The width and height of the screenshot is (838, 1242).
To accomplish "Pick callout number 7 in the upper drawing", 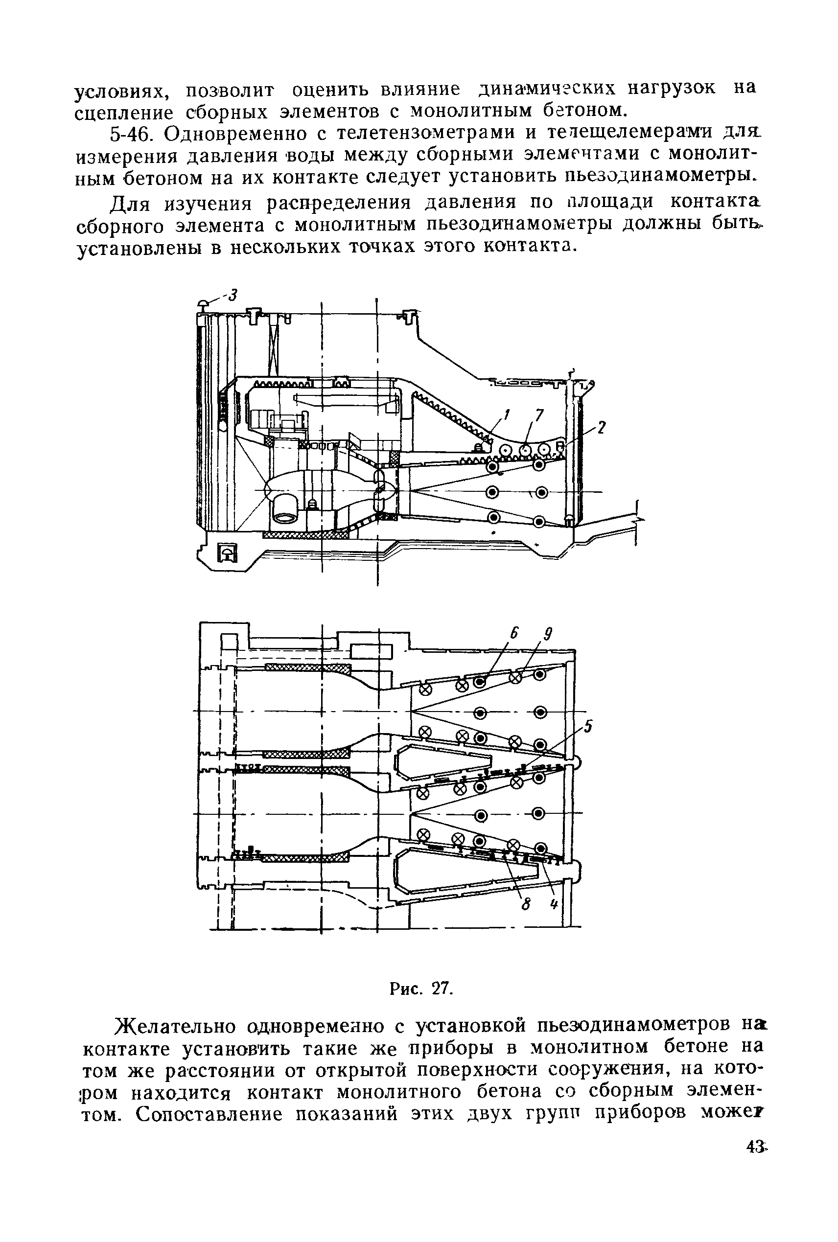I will click(x=539, y=414).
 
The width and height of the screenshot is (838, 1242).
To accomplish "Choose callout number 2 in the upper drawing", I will click(x=602, y=427).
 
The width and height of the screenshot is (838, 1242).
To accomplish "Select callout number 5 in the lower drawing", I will click(x=588, y=728).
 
